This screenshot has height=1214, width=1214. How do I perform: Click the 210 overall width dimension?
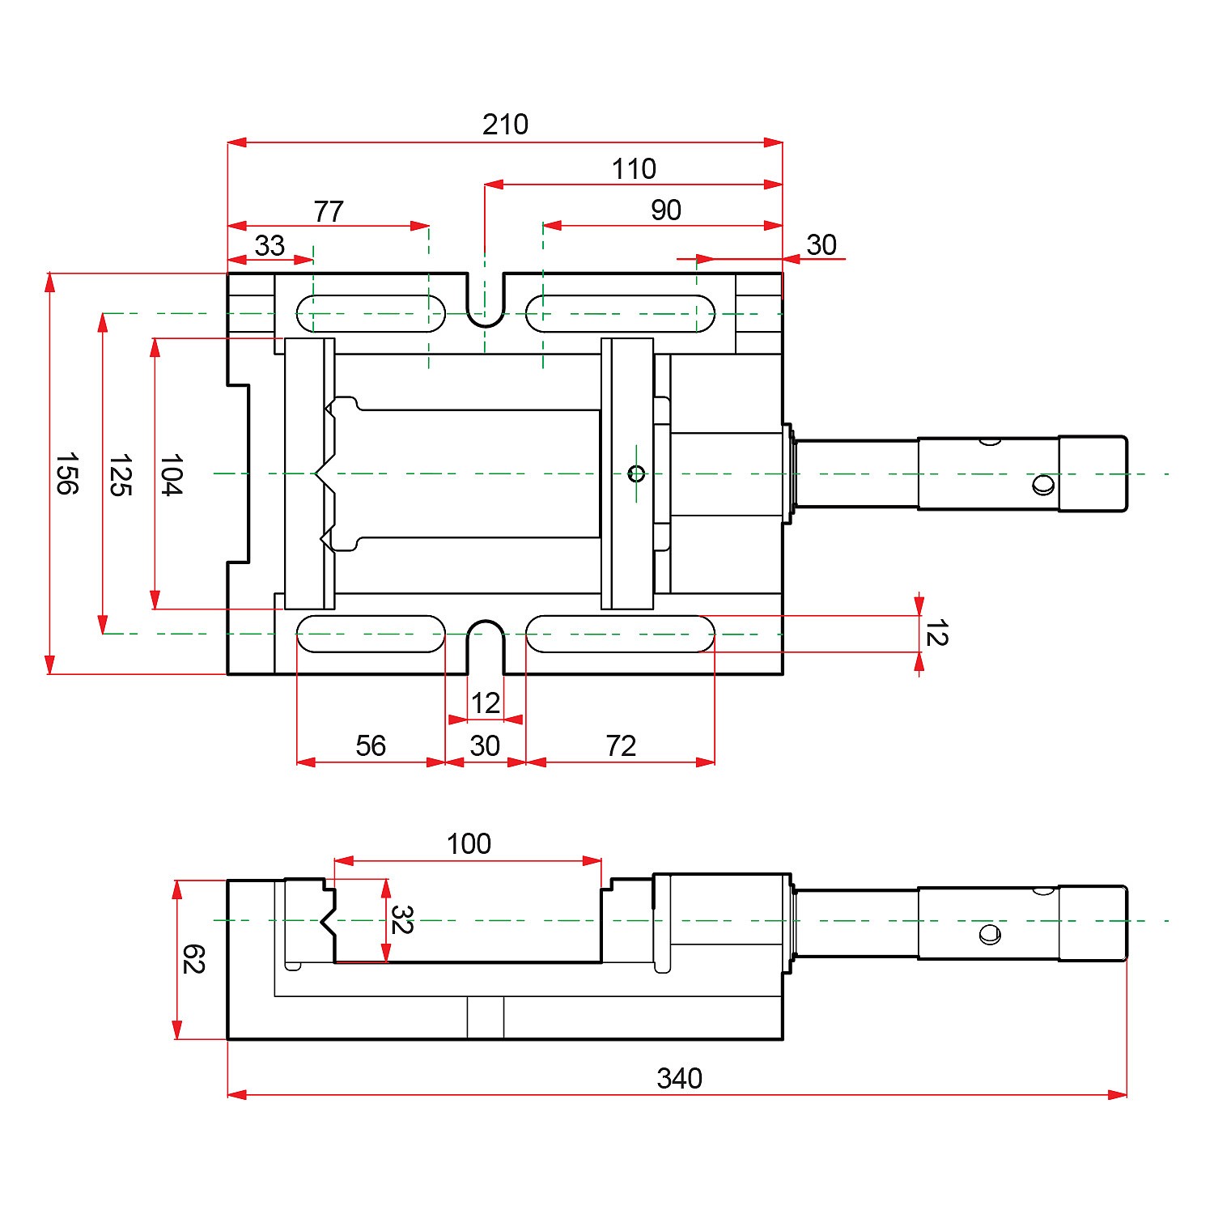tap(505, 125)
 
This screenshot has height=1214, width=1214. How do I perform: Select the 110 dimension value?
tap(634, 169)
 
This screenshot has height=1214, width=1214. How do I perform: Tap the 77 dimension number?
tap(329, 211)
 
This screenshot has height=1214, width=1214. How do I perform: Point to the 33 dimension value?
tap(270, 245)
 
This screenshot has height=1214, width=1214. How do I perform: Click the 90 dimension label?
tap(666, 210)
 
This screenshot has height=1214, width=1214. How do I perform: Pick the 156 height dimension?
tap(66, 473)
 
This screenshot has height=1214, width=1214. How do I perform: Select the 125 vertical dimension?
tap(120, 475)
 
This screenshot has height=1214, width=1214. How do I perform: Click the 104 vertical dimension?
tap(171, 474)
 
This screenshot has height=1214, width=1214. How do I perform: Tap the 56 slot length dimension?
tap(371, 745)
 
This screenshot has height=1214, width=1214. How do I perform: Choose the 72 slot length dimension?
tap(621, 745)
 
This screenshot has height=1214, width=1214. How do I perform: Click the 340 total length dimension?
tap(679, 1078)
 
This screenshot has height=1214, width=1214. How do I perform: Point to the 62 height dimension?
tap(193, 959)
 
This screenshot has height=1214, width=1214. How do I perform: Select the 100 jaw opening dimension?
tap(469, 844)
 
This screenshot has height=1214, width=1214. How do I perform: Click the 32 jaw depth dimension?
tap(401, 919)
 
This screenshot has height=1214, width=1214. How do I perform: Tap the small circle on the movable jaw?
tap(636, 473)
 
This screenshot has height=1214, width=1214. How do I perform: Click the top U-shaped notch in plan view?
tap(486, 303)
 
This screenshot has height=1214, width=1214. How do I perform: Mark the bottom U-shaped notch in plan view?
tap(486, 643)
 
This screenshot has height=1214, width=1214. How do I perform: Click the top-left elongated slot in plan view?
tap(371, 314)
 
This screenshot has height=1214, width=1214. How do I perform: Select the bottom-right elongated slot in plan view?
tap(621, 634)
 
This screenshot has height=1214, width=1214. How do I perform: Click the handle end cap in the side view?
tap(1093, 923)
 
